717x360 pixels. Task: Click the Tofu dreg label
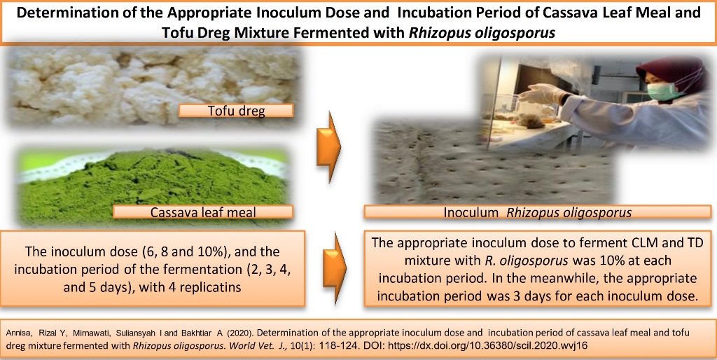[235, 111]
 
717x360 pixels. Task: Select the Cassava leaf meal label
[202, 212]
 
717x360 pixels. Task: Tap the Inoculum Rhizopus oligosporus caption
[538, 212]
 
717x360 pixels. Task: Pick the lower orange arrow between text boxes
[335, 268]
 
